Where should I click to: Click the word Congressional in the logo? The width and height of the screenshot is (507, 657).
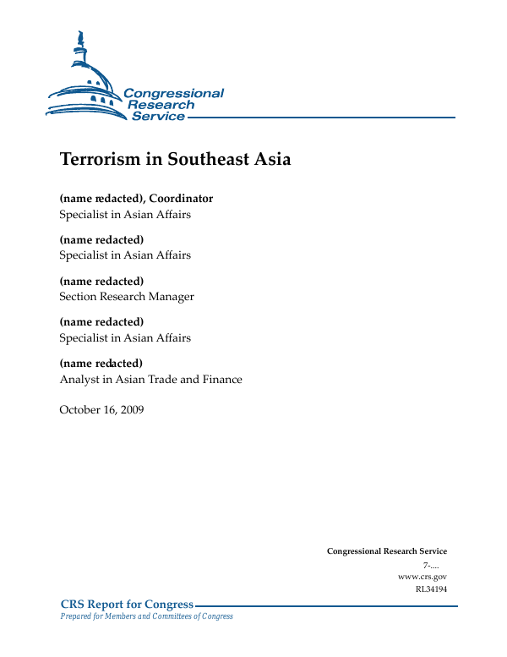click(173, 93)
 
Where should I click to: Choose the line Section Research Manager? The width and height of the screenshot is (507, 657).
click(127, 297)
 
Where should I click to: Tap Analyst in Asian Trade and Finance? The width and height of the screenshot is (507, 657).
click(150, 380)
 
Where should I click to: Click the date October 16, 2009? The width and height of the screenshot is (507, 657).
click(101, 410)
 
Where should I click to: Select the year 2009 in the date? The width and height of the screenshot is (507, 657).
click(130, 410)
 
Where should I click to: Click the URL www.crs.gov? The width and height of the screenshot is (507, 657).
click(422, 576)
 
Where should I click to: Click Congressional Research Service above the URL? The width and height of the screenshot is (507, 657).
click(387, 551)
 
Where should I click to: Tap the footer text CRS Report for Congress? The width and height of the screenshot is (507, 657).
click(127, 604)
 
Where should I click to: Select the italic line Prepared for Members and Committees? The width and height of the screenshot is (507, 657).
click(146, 616)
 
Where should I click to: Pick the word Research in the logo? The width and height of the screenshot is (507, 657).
click(161, 105)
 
